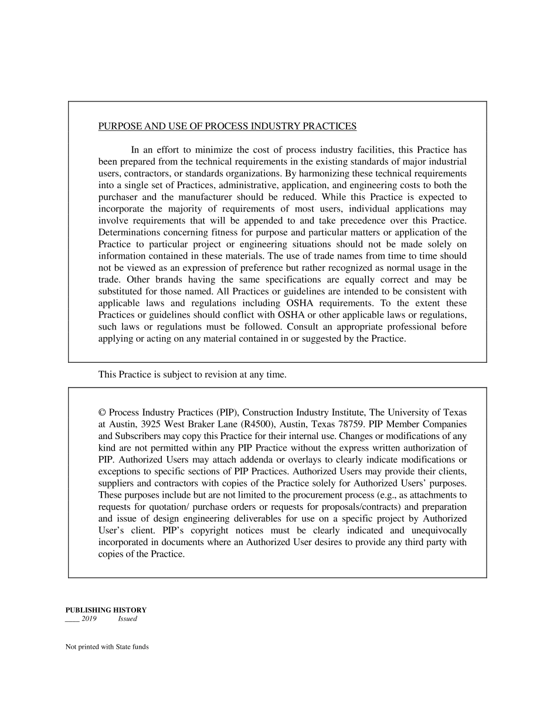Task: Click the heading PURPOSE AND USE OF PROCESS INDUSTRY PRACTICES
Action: pyautogui.click(x=227, y=126)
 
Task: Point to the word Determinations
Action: pyautogui.click(x=128, y=233)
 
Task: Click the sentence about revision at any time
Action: pyautogui.click(x=192, y=375)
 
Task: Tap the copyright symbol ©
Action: pyautogui.click(x=102, y=413)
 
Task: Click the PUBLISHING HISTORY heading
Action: pyautogui.click(x=106, y=610)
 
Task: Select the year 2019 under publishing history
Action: pyautogui.click(x=89, y=619)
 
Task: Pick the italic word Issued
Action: pyautogui.click(x=127, y=619)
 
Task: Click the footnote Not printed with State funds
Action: pyautogui.click(x=107, y=647)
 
